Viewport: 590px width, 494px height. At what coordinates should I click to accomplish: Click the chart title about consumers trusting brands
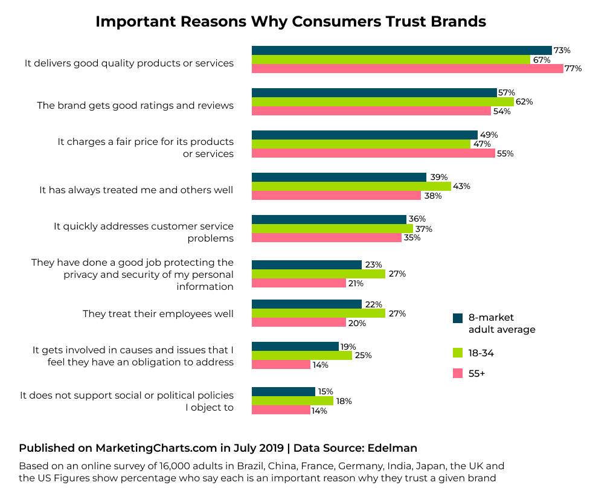[290, 22]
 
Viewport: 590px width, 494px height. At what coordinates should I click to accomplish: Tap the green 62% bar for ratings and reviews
[382, 102]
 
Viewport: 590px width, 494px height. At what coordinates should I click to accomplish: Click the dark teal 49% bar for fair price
[364, 135]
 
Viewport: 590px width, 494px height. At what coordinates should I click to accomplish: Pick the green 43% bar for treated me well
[351, 187]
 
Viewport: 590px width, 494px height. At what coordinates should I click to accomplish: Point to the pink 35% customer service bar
[326, 238]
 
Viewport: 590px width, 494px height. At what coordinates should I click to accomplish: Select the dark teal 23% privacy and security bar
[306, 265]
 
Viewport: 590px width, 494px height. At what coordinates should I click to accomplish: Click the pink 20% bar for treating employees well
[298, 322]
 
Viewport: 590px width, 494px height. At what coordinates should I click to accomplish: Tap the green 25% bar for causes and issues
[301, 356]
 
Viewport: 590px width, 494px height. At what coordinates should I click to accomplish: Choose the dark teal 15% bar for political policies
[283, 391]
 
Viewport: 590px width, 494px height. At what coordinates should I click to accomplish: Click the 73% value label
[562, 50]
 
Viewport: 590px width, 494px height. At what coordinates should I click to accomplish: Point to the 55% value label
[505, 154]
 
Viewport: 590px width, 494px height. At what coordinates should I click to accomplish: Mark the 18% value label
[344, 401]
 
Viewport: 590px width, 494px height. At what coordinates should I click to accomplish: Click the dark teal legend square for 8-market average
[458, 318]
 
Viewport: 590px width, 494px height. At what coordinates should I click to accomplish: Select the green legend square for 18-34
[458, 353]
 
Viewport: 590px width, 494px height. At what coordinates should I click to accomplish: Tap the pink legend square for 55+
[458, 374]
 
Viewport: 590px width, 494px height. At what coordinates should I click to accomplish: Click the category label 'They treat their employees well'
[158, 314]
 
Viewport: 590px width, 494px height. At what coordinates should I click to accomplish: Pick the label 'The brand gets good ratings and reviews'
[135, 105]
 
